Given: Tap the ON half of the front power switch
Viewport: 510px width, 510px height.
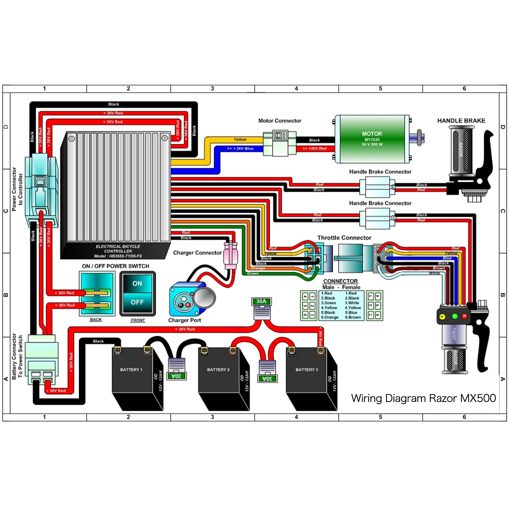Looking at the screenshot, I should click(x=137, y=284).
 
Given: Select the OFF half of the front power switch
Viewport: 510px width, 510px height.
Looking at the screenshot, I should click(x=137, y=302).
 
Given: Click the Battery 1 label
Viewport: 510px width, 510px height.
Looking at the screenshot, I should click(x=131, y=369).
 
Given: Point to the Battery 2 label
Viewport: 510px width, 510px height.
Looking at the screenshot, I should click(x=218, y=369).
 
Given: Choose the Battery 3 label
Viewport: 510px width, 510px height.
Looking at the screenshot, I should click(x=307, y=369).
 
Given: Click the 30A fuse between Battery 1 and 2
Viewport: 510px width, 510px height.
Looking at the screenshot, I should click(x=177, y=369).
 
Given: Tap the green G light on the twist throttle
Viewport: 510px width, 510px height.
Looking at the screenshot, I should click(x=455, y=316).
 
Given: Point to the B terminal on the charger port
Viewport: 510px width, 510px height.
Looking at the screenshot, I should click(x=181, y=305).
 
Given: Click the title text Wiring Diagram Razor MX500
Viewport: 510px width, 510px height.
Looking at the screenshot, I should click(x=423, y=398).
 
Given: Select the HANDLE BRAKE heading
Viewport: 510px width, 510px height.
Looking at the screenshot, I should click(x=461, y=121).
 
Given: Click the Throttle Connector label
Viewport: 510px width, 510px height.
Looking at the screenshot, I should click(x=344, y=238).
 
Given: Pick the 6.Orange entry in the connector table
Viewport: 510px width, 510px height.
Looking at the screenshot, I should click(x=330, y=317).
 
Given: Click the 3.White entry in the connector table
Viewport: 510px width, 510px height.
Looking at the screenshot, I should click(x=352, y=303).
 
